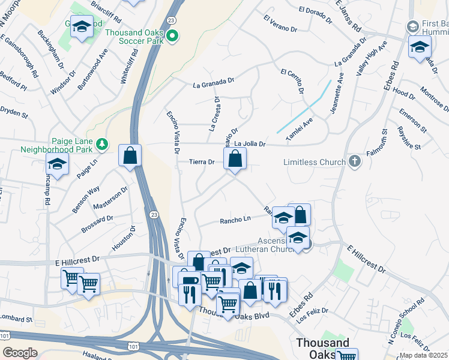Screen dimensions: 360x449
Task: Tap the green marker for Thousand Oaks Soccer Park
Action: click(x=173, y=37)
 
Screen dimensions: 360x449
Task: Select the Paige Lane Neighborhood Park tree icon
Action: click(x=102, y=143)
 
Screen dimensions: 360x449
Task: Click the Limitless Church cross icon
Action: click(x=355, y=161)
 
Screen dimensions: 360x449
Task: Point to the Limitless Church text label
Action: click(x=314, y=162)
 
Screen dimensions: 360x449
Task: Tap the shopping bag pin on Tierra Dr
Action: click(x=235, y=160)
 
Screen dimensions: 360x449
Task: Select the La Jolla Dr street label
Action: click(x=250, y=144)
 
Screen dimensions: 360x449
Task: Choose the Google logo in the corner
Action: click(x=20, y=352)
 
